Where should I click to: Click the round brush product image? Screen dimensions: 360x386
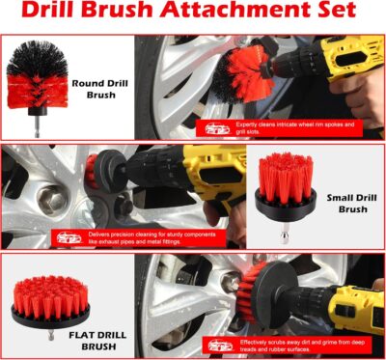click(38, 77)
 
